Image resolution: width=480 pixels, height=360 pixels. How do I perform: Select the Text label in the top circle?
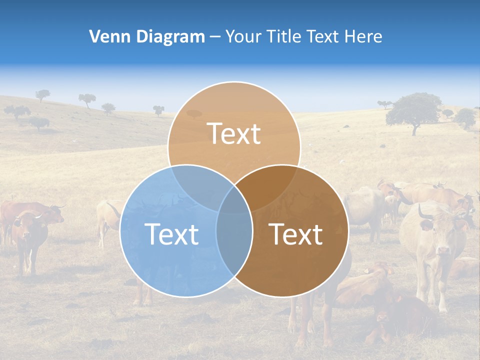234,133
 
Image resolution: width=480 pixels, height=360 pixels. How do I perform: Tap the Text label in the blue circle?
171,234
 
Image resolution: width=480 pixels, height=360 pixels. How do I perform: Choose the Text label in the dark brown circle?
295,234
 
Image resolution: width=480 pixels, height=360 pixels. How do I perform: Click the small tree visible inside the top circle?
194,114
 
